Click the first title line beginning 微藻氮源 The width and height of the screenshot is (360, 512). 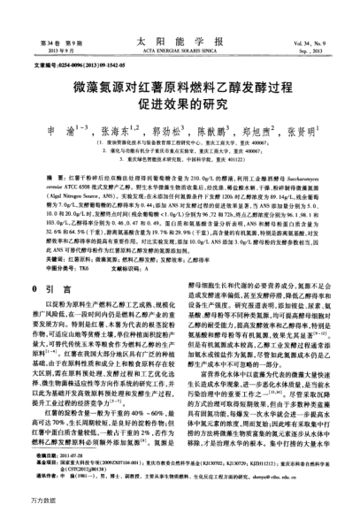(181, 82)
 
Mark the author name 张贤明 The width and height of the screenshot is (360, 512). (300, 129)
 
